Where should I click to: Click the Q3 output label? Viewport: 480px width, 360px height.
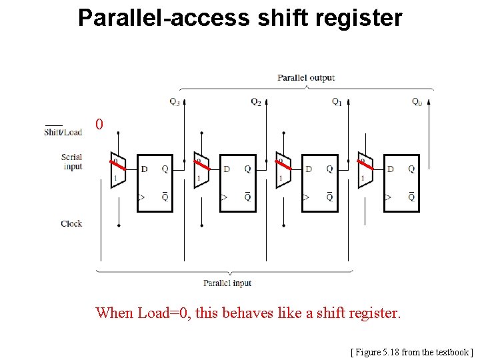174,102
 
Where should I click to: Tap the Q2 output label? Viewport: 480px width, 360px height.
256,102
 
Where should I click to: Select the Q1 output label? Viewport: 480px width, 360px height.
337,102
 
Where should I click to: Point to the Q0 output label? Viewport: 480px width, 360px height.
417,102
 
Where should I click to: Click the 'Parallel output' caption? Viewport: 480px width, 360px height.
306,78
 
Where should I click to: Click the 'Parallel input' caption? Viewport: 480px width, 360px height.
227,283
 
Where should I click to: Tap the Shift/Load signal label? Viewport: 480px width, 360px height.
63,131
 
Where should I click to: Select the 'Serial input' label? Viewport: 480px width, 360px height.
72,162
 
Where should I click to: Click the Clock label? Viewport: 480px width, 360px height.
71,223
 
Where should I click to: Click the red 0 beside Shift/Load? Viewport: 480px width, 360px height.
99,125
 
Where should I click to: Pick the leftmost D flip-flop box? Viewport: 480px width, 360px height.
155,183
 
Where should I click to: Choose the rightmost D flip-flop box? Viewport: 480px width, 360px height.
402,183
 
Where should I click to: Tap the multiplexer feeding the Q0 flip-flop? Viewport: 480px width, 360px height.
365,171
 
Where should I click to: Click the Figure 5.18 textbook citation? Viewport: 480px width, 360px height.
411,351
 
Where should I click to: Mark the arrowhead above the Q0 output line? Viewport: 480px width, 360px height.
429,102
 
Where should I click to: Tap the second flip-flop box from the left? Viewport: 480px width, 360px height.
237,183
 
